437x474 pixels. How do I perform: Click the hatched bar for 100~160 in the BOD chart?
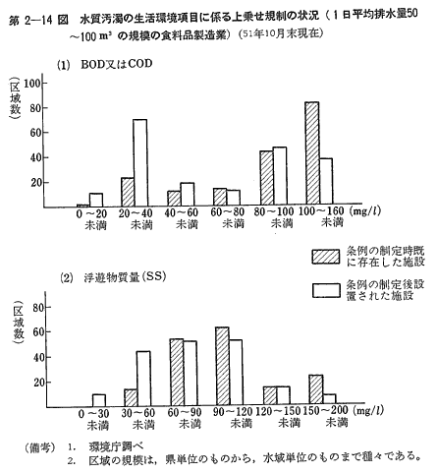pos(312,152)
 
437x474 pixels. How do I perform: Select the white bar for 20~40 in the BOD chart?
pos(140,163)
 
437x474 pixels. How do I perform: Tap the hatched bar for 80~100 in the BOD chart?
pos(266,178)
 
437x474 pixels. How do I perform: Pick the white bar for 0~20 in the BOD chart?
pos(96,200)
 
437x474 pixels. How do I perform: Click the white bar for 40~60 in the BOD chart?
pos(188,195)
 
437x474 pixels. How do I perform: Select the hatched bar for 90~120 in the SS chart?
pos(222,366)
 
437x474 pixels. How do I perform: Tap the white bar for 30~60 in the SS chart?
pos(143,379)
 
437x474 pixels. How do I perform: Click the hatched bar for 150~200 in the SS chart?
pos(316,389)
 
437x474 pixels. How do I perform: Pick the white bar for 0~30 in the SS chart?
pos(98,400)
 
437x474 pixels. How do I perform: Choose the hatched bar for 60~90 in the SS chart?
pos(177,373)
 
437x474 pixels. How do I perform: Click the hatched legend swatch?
pos(326,257)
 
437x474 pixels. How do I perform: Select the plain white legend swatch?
pos(326,290)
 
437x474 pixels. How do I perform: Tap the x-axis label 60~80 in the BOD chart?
pos(228,212)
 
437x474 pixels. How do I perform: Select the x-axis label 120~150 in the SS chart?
pos(278,411)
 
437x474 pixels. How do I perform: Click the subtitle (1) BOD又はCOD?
pos(105,64)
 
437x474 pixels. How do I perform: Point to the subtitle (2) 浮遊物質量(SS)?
pos(113,277)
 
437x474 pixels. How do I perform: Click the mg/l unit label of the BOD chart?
pos(365,211)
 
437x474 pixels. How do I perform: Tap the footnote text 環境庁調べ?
pos(116,446)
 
